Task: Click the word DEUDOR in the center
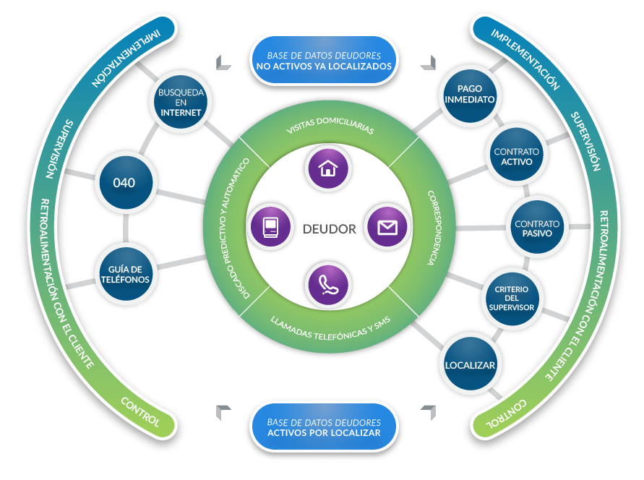[x=329, y=229]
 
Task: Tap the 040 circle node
[x=124, y=183]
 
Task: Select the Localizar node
[x=470, y=365]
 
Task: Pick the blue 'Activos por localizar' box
[x=324, y=427]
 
